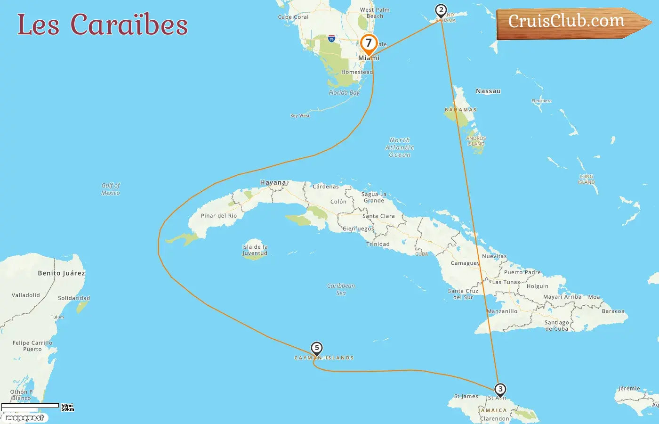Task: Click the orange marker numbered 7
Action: (369, 44)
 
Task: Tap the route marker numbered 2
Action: (441, 10)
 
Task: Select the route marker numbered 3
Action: (500, 390)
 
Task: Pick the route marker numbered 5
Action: (317, 349)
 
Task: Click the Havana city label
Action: (273, 182)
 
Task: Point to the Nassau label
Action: (488, 91)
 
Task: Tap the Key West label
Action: (300, 115)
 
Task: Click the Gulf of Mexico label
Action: (111, 189)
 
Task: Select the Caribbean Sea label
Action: (341, 289)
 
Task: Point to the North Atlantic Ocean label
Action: (400, 147)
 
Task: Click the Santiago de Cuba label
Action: (556, 326)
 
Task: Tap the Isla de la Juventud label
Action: (255, 250)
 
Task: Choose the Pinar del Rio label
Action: (219, 216)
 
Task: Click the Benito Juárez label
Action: (61, 273)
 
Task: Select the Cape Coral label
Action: (293, 17)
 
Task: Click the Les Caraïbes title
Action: (103, 24)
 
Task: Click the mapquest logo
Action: (25, 418)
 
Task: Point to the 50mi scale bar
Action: (30, 405)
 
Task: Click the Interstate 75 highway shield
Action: (331, 39)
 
